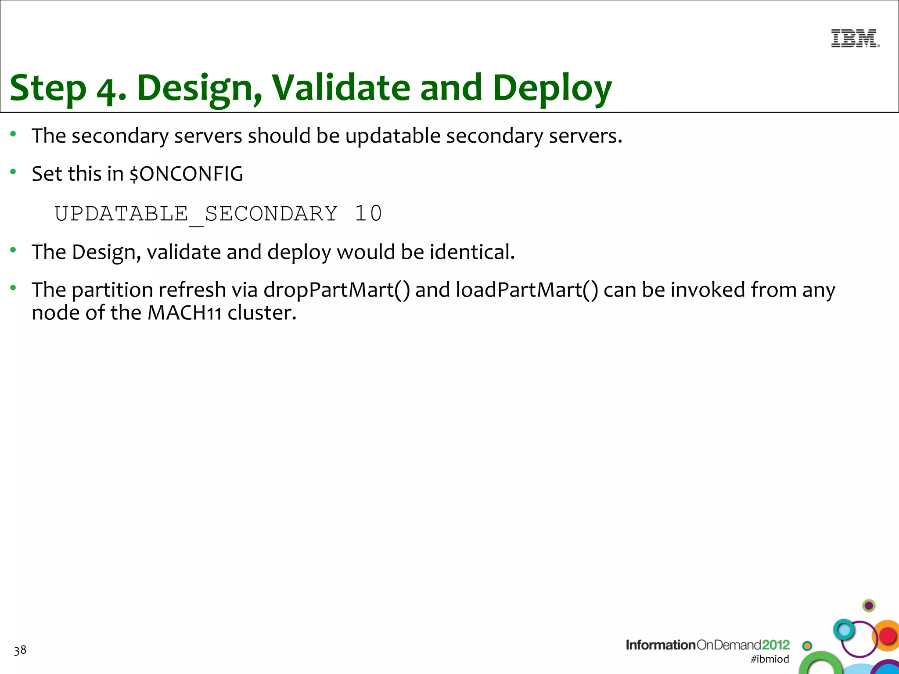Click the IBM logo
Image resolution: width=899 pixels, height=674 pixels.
855,38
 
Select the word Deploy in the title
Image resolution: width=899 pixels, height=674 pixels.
552,88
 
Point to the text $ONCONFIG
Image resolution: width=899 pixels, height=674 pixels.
186,174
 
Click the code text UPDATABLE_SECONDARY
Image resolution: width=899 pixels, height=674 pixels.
196,214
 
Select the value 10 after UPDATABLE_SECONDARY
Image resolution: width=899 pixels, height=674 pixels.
368,214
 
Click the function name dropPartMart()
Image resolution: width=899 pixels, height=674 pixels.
337,290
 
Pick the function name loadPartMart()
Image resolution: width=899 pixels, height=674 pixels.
527,290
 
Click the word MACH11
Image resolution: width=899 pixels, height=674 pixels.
184,313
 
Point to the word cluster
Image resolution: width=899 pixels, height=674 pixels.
262,313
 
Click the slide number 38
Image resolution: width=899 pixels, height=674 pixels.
20,650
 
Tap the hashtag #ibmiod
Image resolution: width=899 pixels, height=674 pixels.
770,659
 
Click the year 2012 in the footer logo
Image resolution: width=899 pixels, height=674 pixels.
776,645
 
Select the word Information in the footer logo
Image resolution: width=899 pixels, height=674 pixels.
660,645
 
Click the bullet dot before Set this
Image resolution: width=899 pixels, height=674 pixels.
14,172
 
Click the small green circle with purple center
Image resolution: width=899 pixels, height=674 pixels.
869,606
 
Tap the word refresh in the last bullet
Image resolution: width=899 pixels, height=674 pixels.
192,290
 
